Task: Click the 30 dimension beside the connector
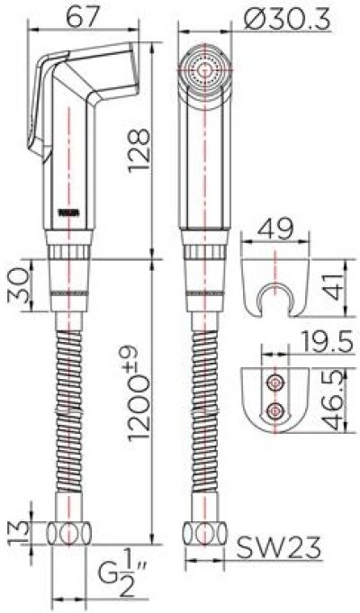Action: click(16, 285)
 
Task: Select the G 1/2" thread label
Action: click(113, 574)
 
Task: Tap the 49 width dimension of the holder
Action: click(277, 230)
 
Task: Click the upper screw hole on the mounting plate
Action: click(275, 383)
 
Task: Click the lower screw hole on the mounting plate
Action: click(275, 411)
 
